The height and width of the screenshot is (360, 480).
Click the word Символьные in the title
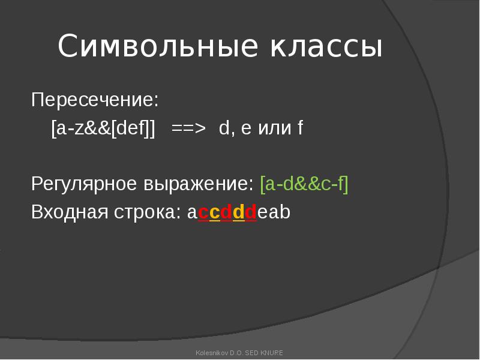[x=158, y=46]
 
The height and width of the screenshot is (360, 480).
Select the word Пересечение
[x=95, y=100]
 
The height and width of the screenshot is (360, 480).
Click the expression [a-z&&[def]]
[x=103, y=128]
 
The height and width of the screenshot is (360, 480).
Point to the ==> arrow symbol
[x=188, y=128]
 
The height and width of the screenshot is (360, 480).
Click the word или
[x=275, y=128]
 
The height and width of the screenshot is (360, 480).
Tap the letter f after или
[x=301, y=128]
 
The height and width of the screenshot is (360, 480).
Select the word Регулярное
[x=84, y=185]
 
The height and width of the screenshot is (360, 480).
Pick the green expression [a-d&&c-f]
[x=304, y=184]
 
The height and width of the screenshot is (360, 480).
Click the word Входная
[x=70, y=212]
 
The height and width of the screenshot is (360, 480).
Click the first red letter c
[x=203, y=213]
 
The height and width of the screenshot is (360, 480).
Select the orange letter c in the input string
[x=215, y=213]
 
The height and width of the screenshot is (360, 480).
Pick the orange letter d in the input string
[x=239, y=212]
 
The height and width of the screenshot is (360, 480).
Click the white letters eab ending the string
[x=274, y=212]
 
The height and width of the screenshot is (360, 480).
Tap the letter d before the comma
[x=224, y=128]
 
